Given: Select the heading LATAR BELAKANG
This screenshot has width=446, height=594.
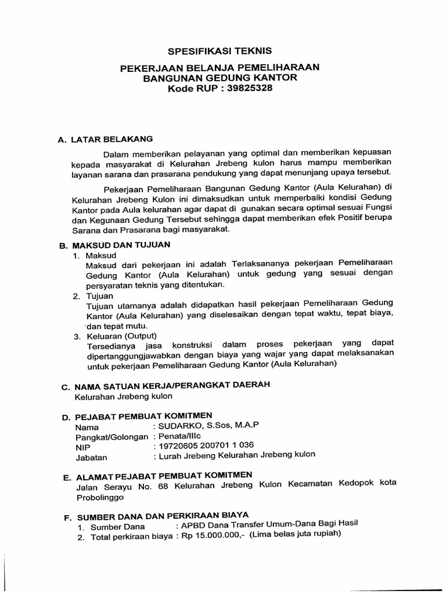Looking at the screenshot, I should click(111, 139).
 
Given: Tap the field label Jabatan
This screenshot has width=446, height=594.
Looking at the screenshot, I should click(92, 457).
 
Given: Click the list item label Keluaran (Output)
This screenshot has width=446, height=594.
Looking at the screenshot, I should click(121, 336).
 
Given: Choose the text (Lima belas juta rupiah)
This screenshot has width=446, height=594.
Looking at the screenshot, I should click(294, 534).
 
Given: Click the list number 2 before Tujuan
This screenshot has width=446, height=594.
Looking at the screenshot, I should click(76, 296).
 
